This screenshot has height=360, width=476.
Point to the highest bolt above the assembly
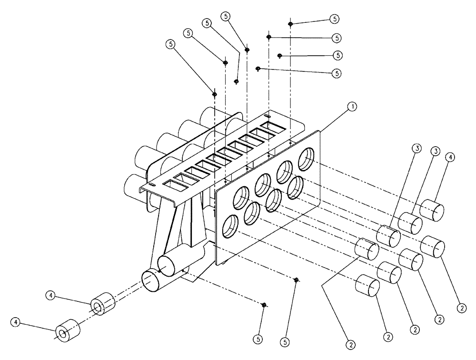(x=290, y=24)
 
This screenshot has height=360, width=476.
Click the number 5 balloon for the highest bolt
(x=335, y=19)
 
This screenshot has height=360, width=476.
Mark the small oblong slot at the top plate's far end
(x=268, y=116)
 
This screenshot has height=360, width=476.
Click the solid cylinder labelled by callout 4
(x=432, y=210)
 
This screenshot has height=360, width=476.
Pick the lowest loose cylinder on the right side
(x=367, y=285)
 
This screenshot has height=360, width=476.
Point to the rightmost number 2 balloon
(x=461, y=308)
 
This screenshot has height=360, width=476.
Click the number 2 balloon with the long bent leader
(x=351, y=343)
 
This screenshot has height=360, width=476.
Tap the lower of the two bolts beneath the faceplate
(x=264, y=305)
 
